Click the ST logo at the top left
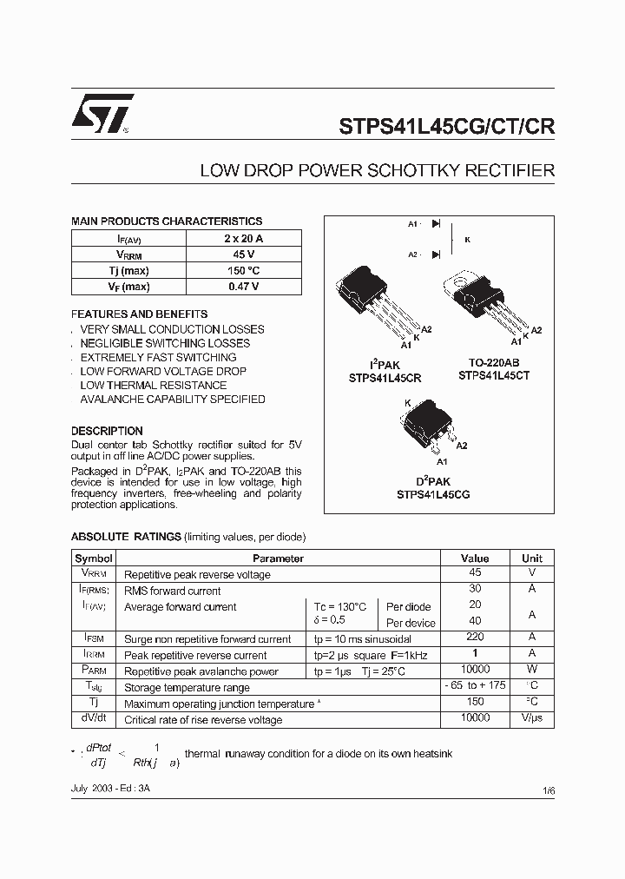[x=102, y=113]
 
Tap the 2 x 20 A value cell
[x=244, y=238]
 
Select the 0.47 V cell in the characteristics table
[x=244, y=287]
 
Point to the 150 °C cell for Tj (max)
[x=244, y=270]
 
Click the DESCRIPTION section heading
[x=107, y=431]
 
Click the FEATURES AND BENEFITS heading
[x=139, y=314]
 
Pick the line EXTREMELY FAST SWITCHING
[x=158, y=357]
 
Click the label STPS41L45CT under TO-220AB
[x=494, y=376]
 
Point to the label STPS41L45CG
[x=433, y=494]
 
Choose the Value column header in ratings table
[x=475, y=558]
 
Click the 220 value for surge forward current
[x=475, y=638]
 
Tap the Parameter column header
[x=278, y=558]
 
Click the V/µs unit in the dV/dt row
[x=532, y=719]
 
